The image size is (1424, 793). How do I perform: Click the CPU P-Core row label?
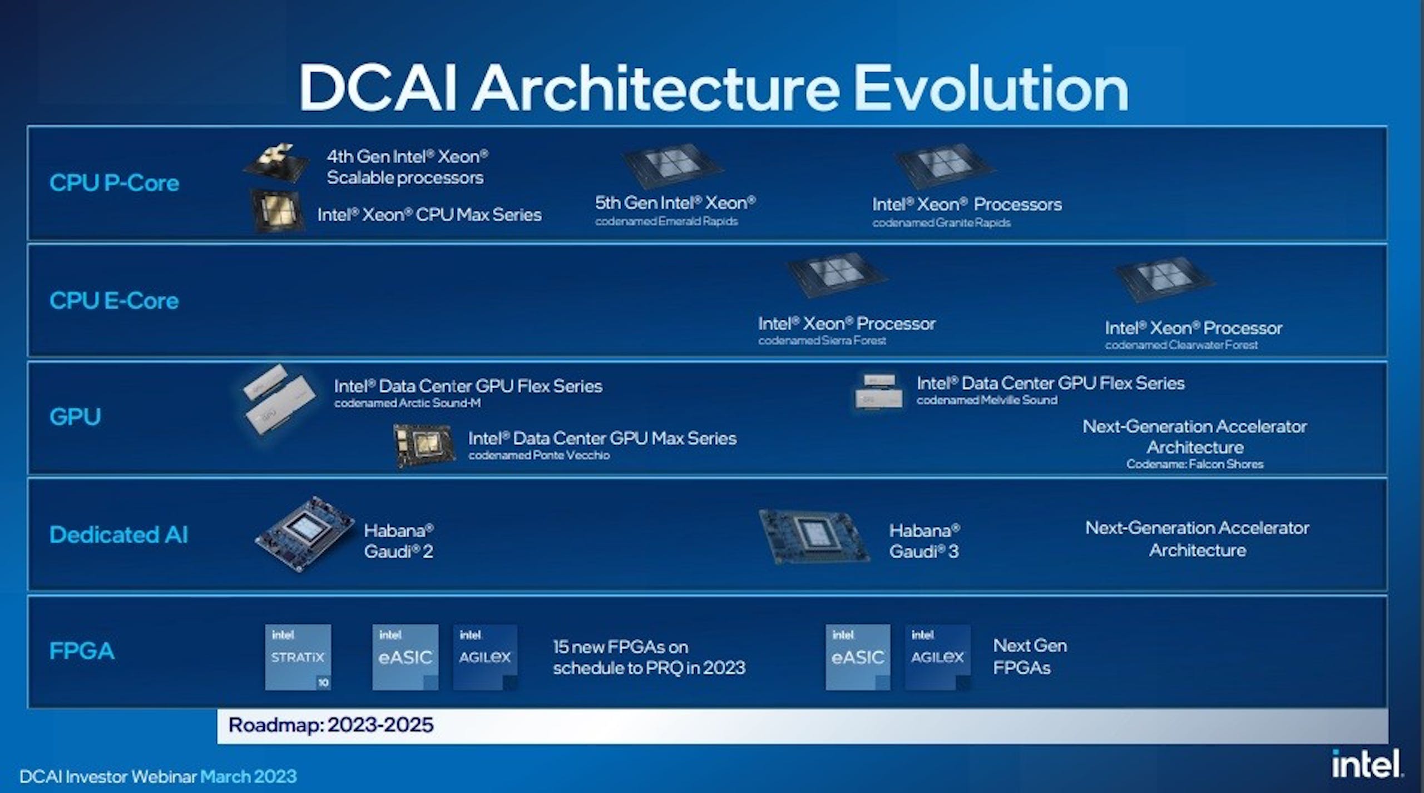(114, 183)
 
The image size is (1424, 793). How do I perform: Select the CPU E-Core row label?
(114, 301)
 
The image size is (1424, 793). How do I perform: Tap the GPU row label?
(75, 417)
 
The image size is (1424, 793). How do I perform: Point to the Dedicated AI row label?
(118, 534)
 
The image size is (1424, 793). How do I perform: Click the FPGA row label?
(82, 651)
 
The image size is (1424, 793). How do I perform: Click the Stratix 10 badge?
(298, 657)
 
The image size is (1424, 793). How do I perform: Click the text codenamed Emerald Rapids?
(666, 221)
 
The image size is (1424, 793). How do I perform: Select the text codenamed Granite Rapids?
(941, 223)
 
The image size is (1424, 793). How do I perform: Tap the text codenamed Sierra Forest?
(822, 340)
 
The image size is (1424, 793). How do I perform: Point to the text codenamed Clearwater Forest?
(1181, 345)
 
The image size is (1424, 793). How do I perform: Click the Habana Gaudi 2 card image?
(305, 534)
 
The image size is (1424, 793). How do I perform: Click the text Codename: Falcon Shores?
(1195, 464)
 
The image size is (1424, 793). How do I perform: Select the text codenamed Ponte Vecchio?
(539, 455)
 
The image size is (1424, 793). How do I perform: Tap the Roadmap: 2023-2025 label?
(331, 725)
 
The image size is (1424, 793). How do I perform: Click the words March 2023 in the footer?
(249, 776)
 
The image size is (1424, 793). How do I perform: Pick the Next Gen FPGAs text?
(1030, 656)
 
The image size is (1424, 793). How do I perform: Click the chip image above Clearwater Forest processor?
(1164, 279)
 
